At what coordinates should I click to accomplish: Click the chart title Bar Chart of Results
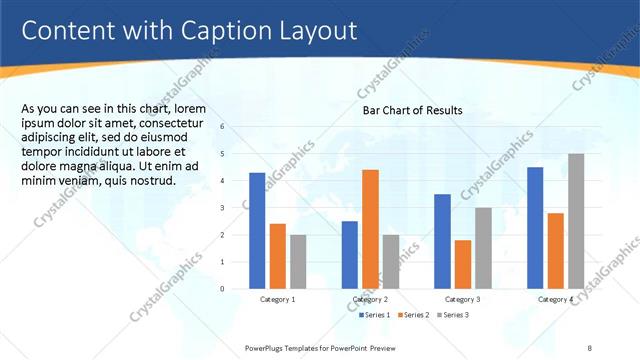[412, 111]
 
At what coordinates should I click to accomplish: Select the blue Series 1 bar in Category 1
[257, 230]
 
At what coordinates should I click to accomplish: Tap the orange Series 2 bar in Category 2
[370, 229]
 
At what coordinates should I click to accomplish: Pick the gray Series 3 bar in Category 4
[576, 221]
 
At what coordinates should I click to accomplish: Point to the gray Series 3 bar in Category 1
[299, 261]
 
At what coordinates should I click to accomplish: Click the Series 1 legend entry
[375, 315]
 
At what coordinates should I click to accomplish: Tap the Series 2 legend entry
[415, 315]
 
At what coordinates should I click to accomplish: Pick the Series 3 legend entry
[453, 315]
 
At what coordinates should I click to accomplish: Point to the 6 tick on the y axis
[236, 127]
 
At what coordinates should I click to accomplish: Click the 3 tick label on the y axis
[236, 208]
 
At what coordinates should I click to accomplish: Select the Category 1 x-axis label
[278, 299]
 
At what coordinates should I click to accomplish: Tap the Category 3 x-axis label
[463, 299]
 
